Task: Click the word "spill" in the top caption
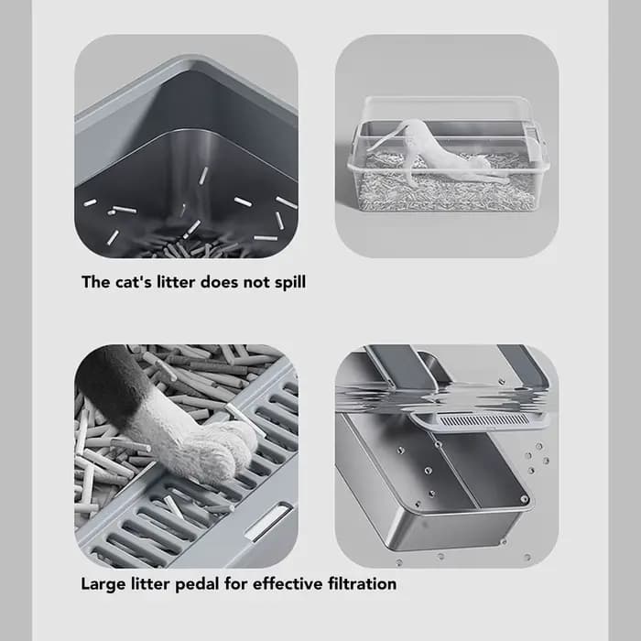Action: (290, 283)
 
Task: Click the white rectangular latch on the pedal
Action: (267, 522)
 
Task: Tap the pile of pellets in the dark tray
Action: (192, 247)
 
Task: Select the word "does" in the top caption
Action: (220, 282)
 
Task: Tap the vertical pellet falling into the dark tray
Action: (203, 175)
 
